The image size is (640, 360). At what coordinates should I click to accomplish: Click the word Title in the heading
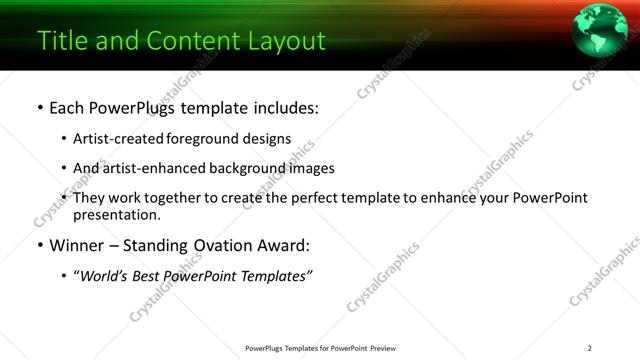[x=61, y=41]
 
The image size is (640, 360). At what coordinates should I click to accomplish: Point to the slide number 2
[x=589, y=348]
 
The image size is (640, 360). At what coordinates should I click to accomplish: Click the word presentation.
[x=116, y=214]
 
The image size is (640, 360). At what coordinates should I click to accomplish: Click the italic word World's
[x=106, y=276]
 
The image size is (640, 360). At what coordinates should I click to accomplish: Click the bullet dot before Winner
[x=39, y=246]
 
